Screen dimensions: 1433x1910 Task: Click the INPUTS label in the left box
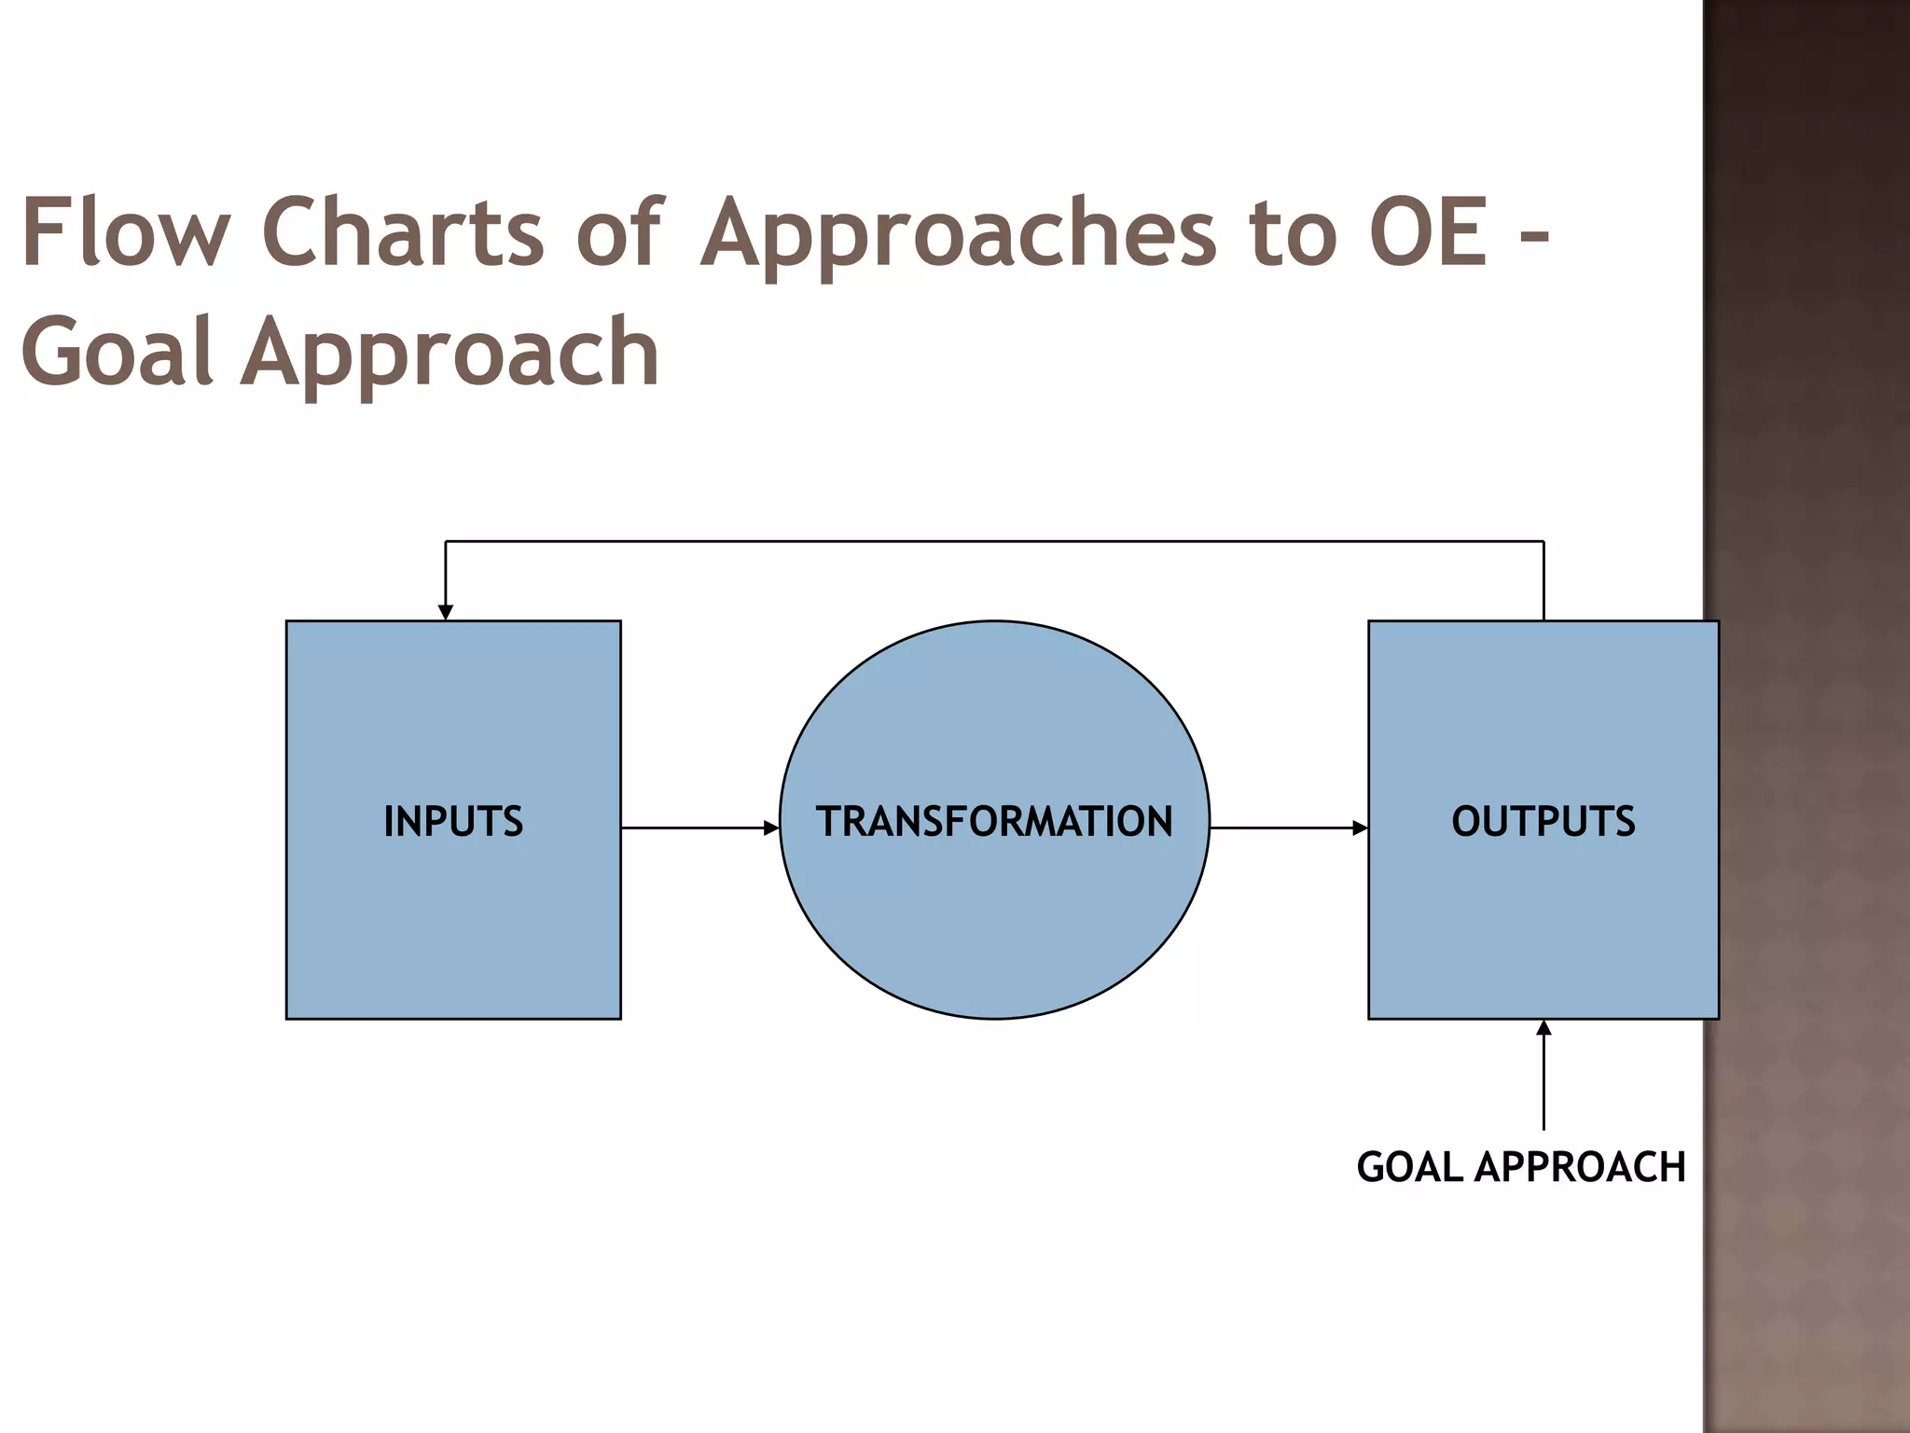pyautogui.click(x=453, y=822)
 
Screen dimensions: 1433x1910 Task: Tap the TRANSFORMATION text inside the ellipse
pyautogui.click(x=994, y=822)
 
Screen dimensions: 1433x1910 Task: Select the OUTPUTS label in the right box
pyautogui.click(x=1543, y=822)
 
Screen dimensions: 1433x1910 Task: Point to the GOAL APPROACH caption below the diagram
pyautogui.click(x=1520, y=1167)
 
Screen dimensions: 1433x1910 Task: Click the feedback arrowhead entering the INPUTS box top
pyautogui.click(x=446, y=611)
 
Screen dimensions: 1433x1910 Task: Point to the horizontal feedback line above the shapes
pyautogui.click(x=994, y=541)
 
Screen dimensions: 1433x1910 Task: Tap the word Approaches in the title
pyautogui.click(x=959, y=238)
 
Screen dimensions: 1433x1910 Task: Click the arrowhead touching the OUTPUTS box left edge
pyautogui.click(x=1361, y=828)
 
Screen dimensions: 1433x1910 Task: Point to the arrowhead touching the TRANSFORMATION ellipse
pyautogui.click(x=771, y=828)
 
